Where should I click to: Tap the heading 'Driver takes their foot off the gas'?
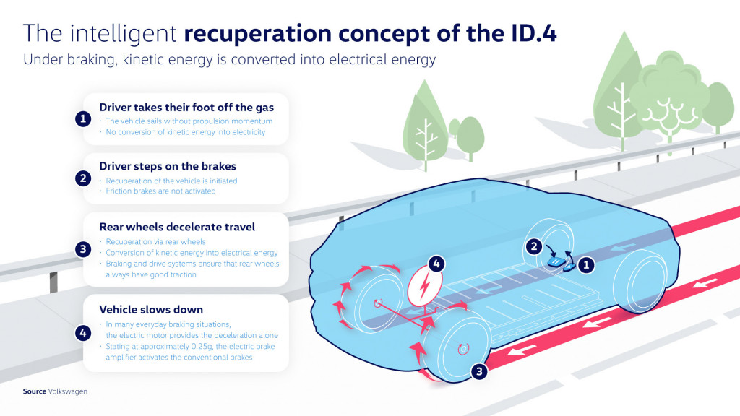(x=186, y=107)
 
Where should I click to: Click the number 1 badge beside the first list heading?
(x=83, y=119)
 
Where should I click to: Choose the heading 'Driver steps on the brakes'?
(x=168, y=167)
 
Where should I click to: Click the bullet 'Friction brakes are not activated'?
(x=160, y=191)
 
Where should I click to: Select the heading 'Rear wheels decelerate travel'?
(x=177, y=227)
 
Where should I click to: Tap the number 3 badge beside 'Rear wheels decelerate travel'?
(x=83, y=250)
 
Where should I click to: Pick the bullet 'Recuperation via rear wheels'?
(x=155, y=241)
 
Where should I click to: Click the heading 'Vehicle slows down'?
(x=151, y=310)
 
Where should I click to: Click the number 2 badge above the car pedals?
(x=533, y=246)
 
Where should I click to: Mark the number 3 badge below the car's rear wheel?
(x=479, y=371)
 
